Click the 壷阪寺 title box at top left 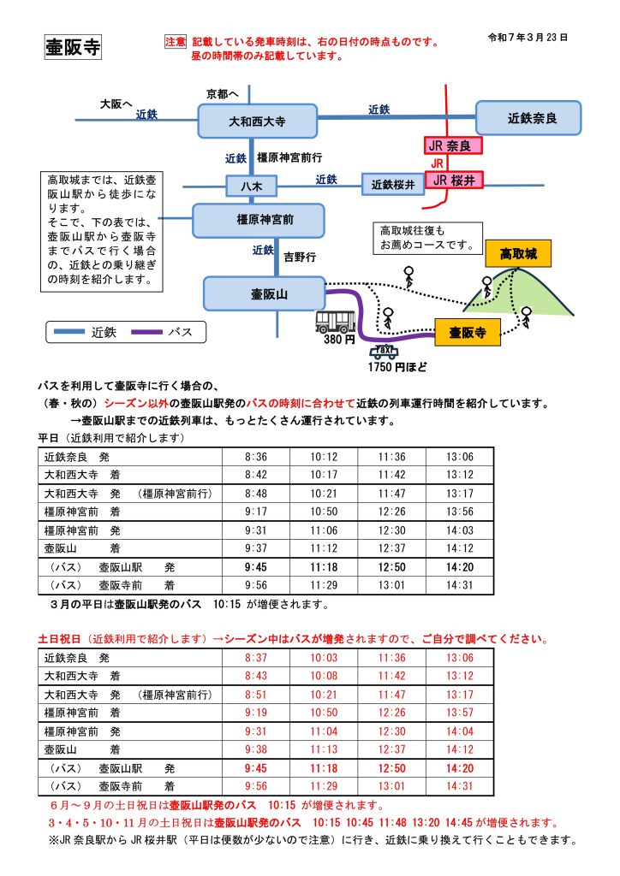(73, 48)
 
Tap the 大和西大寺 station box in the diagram (257, 121)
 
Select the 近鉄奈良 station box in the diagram (528, 119)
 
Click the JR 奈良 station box (453, 146)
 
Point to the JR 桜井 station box (453, 180)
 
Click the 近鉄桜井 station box (392, 183)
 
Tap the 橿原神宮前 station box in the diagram (258, 220)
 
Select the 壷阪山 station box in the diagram (264, 293)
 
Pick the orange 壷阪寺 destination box (467, 333)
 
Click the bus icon (336, 322)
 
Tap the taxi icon (383, 351)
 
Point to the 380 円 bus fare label (339, 340)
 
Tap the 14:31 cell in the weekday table (459, 585)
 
